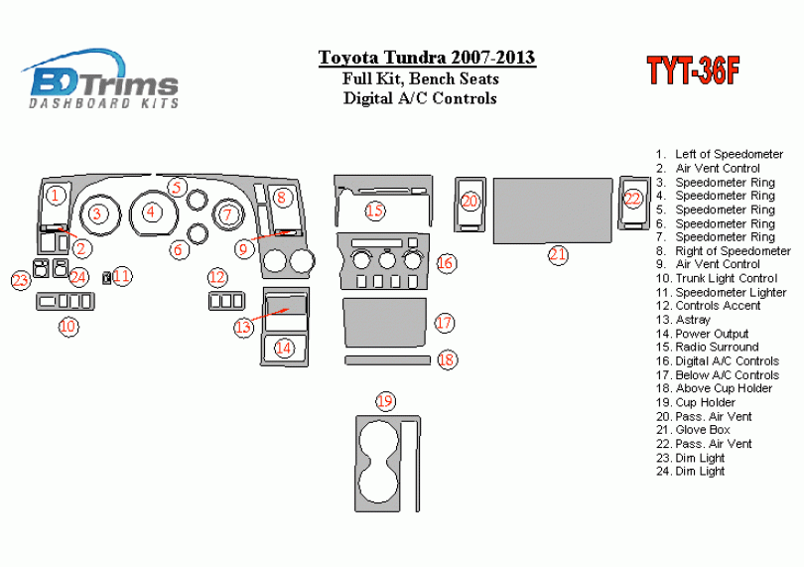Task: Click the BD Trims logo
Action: pyautogui.click(x=100, y=79)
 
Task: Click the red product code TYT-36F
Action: pyautogui.click(x=693, y=71)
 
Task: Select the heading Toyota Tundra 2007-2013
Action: pyautogui.click(x=427, y=57)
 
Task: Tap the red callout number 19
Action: pyautogui.click(x=385, y=401)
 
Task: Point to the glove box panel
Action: pyautogui.click(x=553, y=211)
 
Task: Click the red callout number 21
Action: pyautogui.click(x=558, y=254)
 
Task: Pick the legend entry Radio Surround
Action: pyautogui.click(x=707, y=347)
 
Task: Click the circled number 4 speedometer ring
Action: pyautogui.click(x=151, y=212)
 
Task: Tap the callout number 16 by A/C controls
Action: pyautogui.click(x=446, y=263)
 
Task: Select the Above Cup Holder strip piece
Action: pyautogui.click(x=387, y=360)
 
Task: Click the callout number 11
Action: pyautogui.click(x=122, y=276)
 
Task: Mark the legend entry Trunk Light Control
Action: pyautogui.click(x=717, y=279)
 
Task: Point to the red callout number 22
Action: pyautogui.click(x=633, y=198)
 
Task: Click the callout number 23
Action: pyautogui.click(x=21, y=280)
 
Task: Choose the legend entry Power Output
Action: pyautogui.click(x=702, y=334)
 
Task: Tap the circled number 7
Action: pyautogui.click(x=227, y=214)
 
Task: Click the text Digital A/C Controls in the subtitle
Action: pyautogui.click(x=420, y=98)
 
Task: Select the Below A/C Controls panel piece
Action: pyautogui.click(x=384, y=323)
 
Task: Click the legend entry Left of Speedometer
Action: pyautogui.click(x=720, y=154)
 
